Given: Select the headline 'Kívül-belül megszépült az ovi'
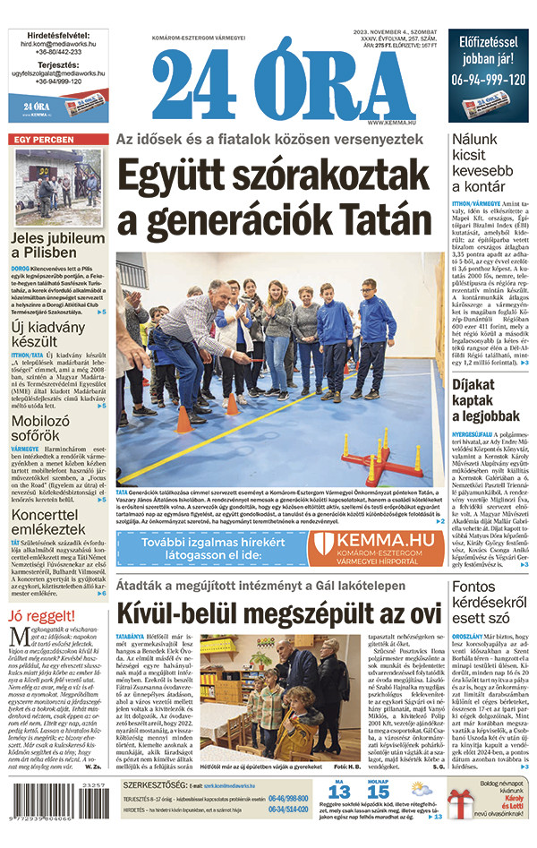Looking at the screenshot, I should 278,613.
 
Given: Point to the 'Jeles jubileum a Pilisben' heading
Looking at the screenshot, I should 58,246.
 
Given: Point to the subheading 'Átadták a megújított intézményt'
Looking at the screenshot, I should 278,587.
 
